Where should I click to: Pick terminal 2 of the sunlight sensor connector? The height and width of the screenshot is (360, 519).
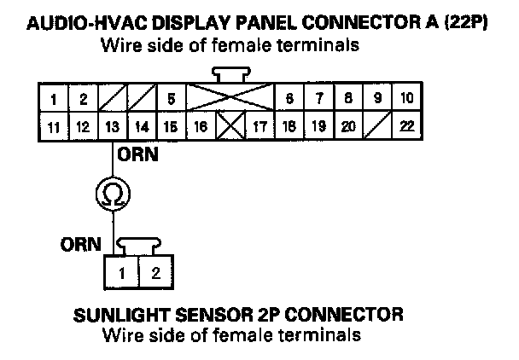click(155, 274)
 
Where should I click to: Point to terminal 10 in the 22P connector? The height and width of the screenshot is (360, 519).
click(405, 98)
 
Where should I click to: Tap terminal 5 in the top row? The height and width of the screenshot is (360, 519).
click(172, 98)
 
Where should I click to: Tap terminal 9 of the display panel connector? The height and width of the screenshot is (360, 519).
click(376, 98)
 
